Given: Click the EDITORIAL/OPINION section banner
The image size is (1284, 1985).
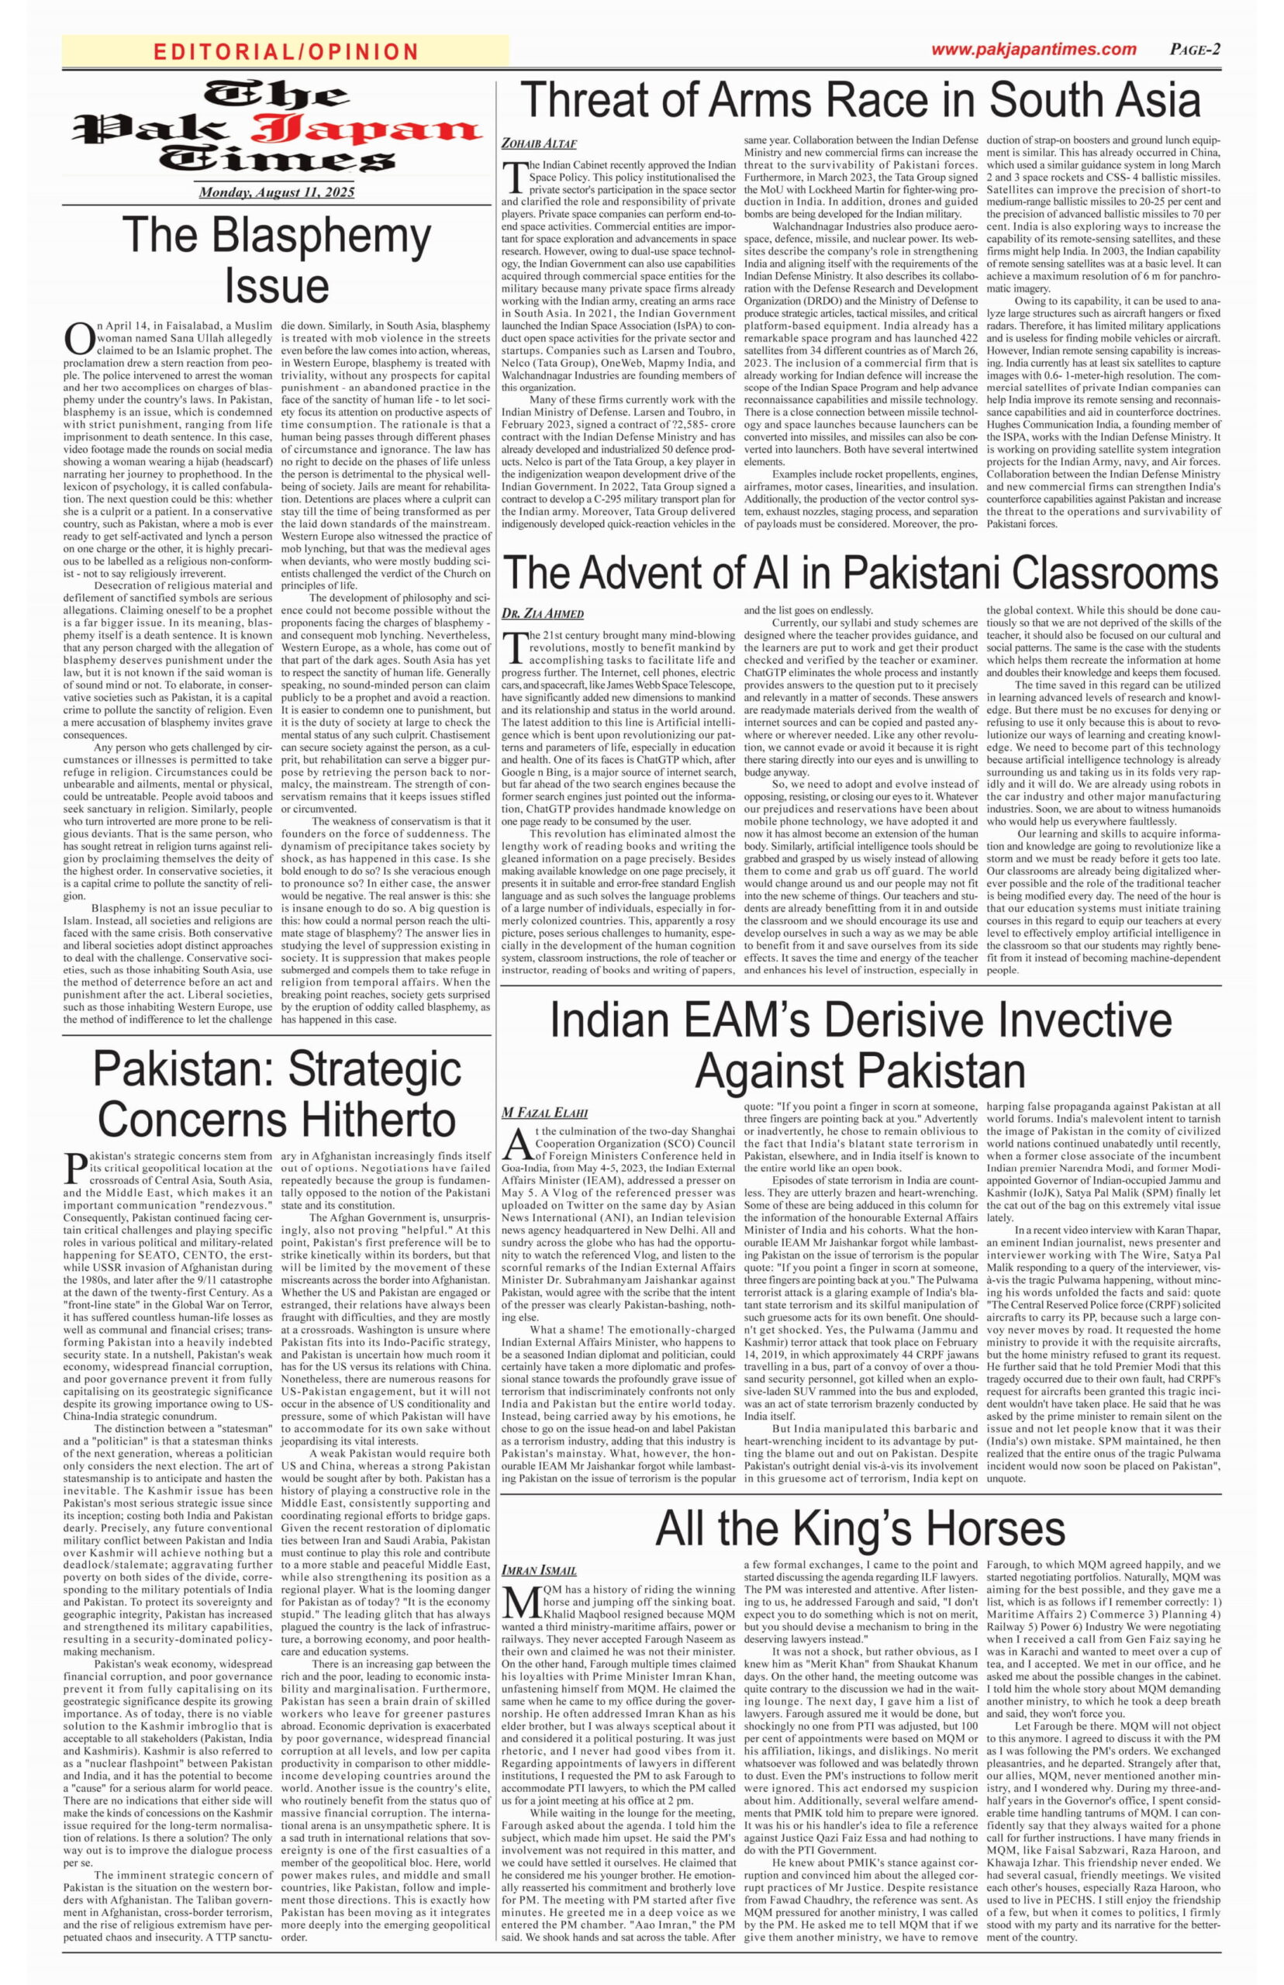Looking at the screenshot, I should tap(285, 52).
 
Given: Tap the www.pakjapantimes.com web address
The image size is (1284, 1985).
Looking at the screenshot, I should tap(1033, 49).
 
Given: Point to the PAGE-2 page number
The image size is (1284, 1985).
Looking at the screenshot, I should tap(1195, 49).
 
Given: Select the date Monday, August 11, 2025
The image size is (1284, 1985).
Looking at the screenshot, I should tap(276, 192).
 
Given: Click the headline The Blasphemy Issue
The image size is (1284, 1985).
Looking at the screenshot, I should tap(276, 259).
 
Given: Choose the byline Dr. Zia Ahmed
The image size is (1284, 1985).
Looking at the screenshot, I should tap(542, 613).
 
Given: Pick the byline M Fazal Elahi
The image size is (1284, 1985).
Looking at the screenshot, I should tap(544, 1112).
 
